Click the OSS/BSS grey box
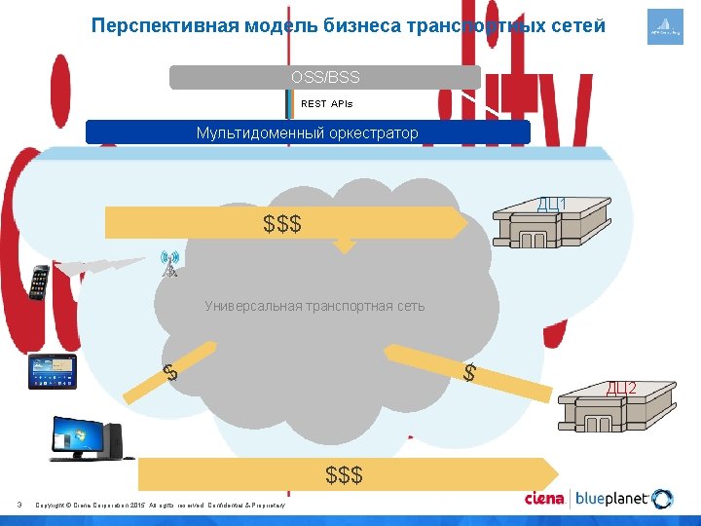pos(325,77)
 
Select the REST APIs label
pos(327,103)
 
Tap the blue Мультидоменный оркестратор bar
pos(308,132)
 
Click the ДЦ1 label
pos(553,204)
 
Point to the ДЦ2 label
pos(621,389)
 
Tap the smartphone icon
pos(40,282)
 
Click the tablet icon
pos(52,371)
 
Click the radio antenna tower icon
pos(170,264)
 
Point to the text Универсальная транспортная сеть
pos(314,306)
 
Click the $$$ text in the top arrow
pos(282,224)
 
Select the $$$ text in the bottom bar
pos(344,474)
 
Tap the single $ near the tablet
pos(169,371)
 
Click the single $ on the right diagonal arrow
pos(469,372)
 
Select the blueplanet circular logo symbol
pos(662,500)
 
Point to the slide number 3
pos(19,504)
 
